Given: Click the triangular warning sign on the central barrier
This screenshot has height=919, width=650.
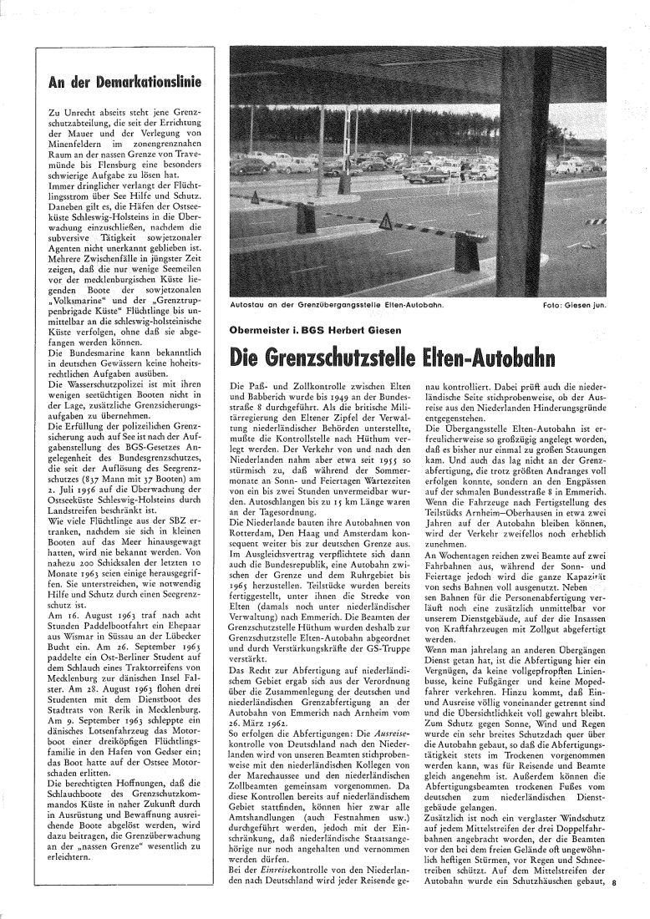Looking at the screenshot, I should pyautogui.click(x=387, y=222).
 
